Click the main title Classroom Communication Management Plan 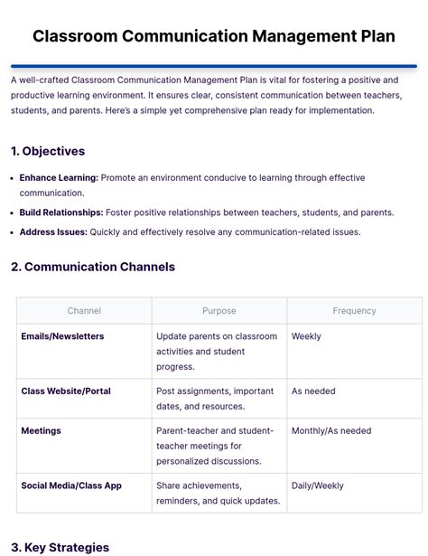click(214, 36)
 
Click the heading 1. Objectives click(48, 151)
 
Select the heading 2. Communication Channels click(93, 267)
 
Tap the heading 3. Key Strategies click(60, 547)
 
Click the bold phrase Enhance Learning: click(59, 178)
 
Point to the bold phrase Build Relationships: click(61, 212)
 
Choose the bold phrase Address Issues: click(53, 232)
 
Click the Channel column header click(84, 311)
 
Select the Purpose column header click(219, 311)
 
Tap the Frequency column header click(354, 311)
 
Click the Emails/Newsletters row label click(62, 336)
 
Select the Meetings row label click(42, 431)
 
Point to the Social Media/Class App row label click(71, 485)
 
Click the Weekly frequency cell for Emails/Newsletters click(306, 336)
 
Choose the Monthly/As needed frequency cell click(331, 431)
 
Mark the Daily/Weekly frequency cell click(318, 485)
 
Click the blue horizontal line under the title click(214, 66)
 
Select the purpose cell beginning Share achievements click(218, 493)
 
